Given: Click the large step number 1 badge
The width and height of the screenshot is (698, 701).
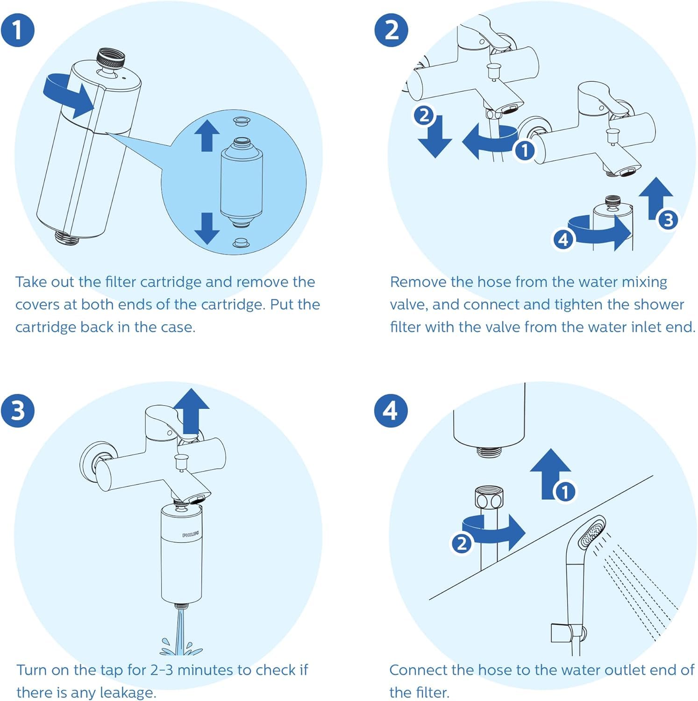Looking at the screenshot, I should click(18, 30).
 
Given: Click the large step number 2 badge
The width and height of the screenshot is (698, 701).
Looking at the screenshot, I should click(391, 30).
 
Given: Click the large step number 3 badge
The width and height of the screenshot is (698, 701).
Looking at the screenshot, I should click(18, 410).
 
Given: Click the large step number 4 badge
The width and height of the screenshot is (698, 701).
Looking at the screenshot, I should click(391, 410).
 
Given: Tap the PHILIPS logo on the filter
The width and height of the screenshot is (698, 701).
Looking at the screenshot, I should click(190, 534).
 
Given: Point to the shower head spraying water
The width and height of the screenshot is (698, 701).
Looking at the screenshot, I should click(591, 533).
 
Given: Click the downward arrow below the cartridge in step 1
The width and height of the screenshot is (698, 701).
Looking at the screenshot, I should click(207, 228).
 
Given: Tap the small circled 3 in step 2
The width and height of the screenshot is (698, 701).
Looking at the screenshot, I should click(668, 220).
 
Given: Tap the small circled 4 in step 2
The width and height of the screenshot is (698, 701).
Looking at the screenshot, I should click(563, 239).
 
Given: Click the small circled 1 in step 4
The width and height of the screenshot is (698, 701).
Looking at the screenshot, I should click(565, 492).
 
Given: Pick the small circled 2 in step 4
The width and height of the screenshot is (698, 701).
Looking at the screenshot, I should click(462, 544).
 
